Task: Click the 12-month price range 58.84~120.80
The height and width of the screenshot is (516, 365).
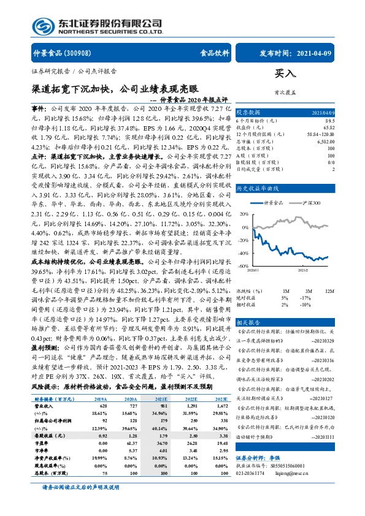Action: coord(319,134)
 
